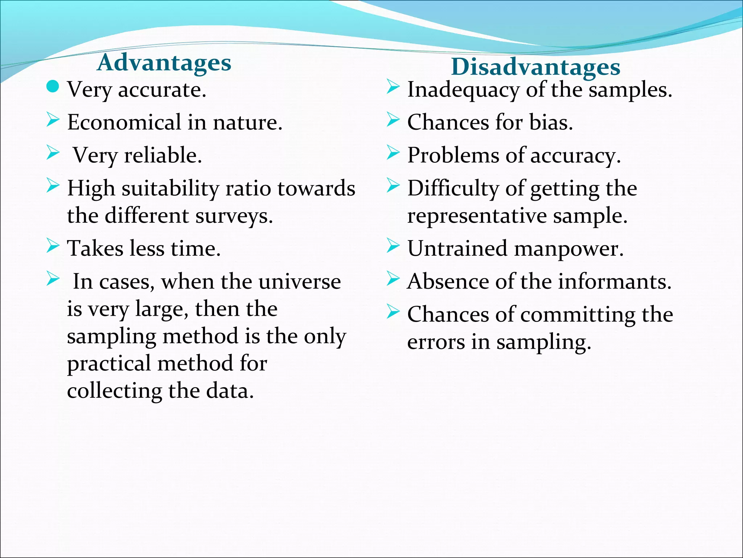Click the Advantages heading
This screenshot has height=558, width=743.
click(x=164, y=63)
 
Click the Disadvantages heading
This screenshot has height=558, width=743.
click(x=535, y=67)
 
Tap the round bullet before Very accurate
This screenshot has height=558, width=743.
click(x=53, y=86)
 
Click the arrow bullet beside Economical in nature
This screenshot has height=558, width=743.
click(x=53, y=120)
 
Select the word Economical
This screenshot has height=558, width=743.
click(x=124, y=122)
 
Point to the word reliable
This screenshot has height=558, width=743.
click(x=163, y=155)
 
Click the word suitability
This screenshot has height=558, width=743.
click(x=170, y=189)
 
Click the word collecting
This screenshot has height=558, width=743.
click(x=114, y=391)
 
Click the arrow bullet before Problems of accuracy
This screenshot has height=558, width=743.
click(x=393, y=153)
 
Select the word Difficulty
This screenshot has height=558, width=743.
click(x=453, y=189)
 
